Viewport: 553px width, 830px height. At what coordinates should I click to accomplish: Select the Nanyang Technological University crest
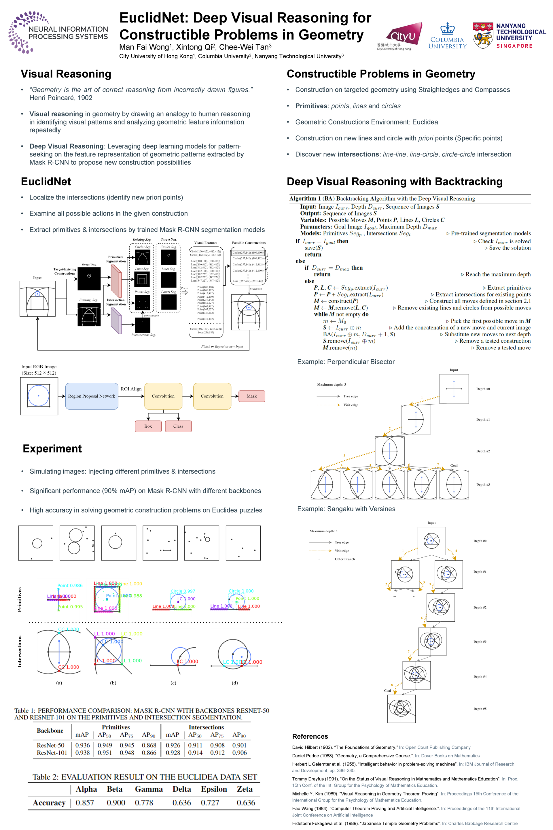[482, 35]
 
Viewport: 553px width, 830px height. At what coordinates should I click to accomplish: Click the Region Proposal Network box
[92, 396]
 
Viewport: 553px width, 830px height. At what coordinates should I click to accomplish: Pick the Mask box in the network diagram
[251, 396]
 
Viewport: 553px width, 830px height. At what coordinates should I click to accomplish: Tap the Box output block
[148, 426]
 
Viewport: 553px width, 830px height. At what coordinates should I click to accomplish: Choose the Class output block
[178, 426]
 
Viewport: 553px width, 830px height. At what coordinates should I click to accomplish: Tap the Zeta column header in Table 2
[245, 789]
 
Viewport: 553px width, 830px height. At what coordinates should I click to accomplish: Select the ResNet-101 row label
[52, 753]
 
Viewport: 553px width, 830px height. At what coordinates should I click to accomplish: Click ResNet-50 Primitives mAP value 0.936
[83, 745]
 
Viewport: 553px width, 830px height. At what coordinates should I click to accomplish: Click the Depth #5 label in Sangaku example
[480, 709]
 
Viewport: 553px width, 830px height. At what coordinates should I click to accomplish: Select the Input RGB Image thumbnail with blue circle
[39, 396]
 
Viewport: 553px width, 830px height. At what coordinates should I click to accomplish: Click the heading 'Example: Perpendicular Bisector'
[346, 362]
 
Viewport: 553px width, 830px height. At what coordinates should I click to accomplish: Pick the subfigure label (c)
[173, 683]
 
